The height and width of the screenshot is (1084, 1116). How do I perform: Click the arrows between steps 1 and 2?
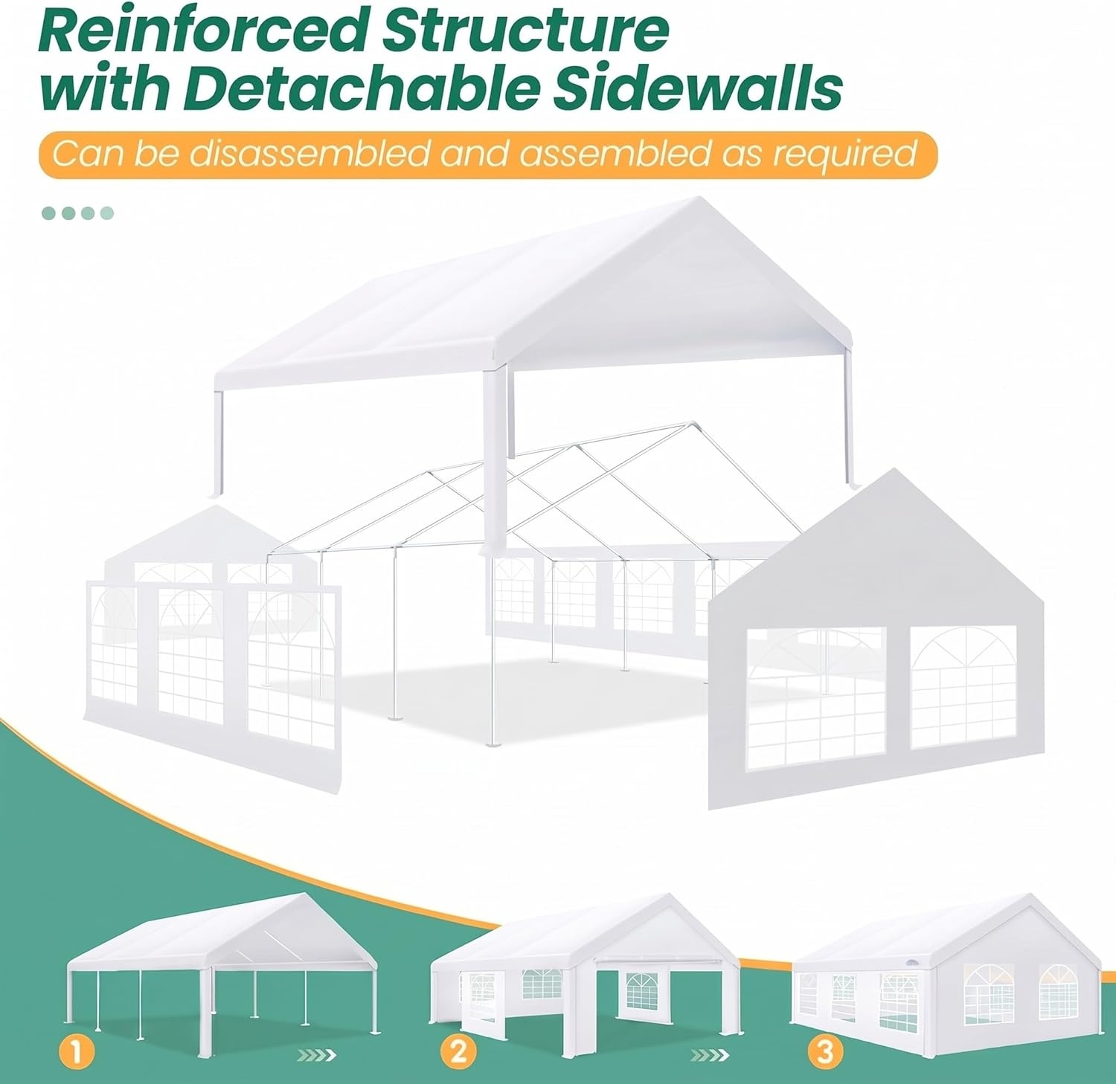[x=316, y=1054]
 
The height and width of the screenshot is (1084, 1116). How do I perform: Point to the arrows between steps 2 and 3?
[x=709, y=1054]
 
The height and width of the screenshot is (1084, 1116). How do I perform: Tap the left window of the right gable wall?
[x=816, y=688]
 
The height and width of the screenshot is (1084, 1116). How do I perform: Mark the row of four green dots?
[x=77, y=213]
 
